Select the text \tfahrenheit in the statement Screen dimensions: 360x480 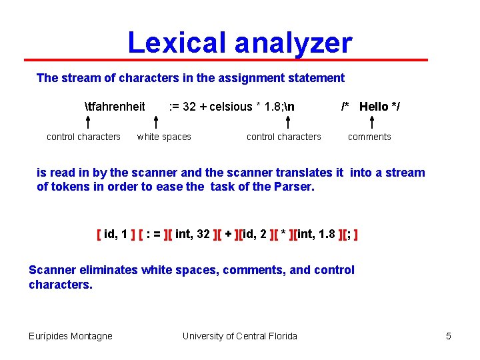point(115,107)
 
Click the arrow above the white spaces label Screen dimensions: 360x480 point(155,122)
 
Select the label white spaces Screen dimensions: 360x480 point(164,137)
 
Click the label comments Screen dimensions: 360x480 point(369,137)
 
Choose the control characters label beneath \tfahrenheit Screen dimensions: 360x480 point(83,137)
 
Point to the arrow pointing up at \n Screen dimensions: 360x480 point(287,122)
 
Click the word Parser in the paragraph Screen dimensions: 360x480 point(293,187)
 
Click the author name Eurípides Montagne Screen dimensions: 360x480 point(71,336)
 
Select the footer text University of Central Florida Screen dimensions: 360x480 point(240,336)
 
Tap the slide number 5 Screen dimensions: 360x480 point(449,336)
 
